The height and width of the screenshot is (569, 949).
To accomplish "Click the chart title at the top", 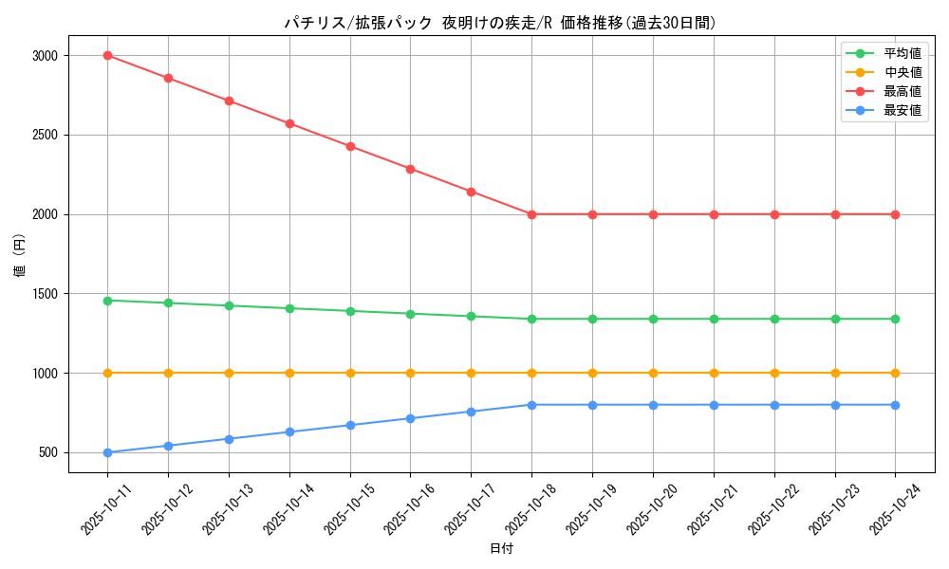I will pyautogui.click(x=500, y=23).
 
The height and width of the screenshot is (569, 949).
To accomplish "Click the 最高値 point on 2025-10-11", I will pyautogui.click(x=107, y=55).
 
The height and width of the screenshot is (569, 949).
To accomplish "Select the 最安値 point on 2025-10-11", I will pyautogui.click(x=107, y=452).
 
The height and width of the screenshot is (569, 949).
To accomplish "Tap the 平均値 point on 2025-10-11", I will pyautogui.click(x=107, y=301).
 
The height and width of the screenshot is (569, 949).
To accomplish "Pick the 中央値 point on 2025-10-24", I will pyautogui.click(x=895, y=373).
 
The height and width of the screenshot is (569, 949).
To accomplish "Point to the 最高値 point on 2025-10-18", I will pyautogui.click(x=531, y=214).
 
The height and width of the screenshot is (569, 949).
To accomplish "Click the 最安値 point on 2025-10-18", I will pyautogui.click(x=531, y=405).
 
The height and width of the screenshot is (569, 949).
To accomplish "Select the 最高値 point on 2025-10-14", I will pyautogui.click(x=289, y=123).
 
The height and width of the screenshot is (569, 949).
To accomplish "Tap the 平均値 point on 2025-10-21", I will pyautogui.click(x=714, y=319).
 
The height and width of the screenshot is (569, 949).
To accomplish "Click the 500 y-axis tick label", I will pyautogui.click(x=49, y=452).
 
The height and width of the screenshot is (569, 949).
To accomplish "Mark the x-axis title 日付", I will pyautogui.click(x=501, y=549).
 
